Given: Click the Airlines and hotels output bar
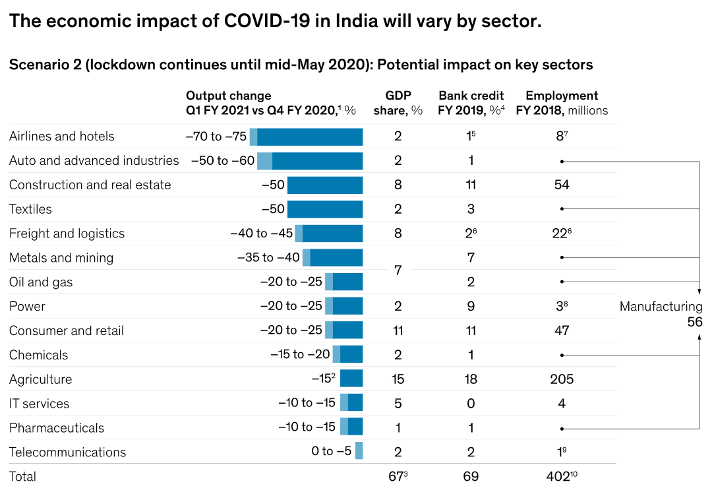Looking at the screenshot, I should coord(307,137).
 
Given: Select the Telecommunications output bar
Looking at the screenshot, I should coord(359,452).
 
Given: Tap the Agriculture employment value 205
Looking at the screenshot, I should coord(562,379).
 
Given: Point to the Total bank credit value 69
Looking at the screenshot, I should coord(471,476).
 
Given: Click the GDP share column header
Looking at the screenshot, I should coord(398,103).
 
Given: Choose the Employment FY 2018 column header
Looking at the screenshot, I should coord(562,103).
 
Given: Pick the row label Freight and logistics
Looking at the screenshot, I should coord(67,233).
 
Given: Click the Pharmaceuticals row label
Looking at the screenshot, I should coord(57,427).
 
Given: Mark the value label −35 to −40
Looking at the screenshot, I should coord(268,258).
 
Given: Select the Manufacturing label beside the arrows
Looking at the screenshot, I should coord(661,306).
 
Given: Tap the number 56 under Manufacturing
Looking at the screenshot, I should coord(695,322).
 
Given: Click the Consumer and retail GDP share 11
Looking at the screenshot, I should coord(398,330).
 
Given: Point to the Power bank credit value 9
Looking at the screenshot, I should coord(471,306).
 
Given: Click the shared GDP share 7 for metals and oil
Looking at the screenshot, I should coord(398,270).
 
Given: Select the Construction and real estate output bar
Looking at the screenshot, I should coord(325,185).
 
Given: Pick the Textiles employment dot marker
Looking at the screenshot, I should coord(562,209).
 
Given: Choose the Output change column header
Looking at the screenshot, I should coord(271,103).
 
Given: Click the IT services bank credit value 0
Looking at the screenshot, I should coord(471,404).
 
